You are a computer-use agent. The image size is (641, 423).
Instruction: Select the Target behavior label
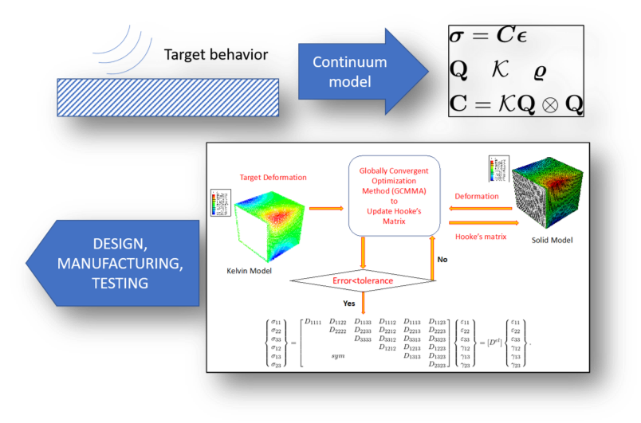(216, 55)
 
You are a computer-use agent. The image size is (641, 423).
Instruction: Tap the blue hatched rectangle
(168, 95)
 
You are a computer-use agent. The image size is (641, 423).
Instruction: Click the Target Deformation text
(273, 176)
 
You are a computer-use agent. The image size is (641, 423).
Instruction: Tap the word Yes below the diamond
(349, 304)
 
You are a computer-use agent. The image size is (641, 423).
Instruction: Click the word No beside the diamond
(442, 259)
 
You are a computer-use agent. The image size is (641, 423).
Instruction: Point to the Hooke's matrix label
(481, 236)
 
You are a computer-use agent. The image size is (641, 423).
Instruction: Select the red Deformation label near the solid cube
(476, 196)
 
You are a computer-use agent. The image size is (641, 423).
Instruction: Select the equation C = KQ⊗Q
(517, 104)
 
